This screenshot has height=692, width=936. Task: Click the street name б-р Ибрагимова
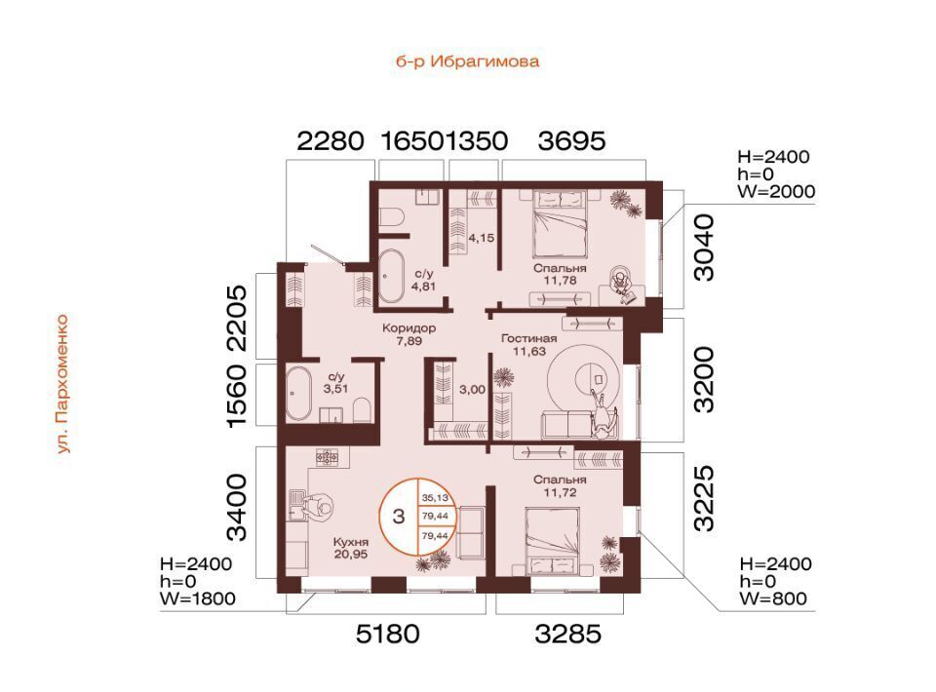pyautogui.click(x=467, y=61)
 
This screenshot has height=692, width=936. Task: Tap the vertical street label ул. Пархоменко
pyautogui.click(x=63, y=384)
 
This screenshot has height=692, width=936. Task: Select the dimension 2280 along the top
pyautogui.click(x=331, y=141)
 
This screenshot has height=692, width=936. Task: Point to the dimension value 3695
pyautogui.click(x=572, y=141)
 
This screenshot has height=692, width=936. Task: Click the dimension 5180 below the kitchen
pyautogui.click(x=388, y=634)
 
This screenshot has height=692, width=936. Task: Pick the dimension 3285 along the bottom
pyautogui.click(x=567, y=634)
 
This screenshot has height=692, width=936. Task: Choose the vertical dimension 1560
pyautogui.click(x=236, y=396)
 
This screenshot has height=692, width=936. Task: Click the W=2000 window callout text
pyautogui.click(x=777, y=191)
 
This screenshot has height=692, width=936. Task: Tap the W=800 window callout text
pyautogui.click(x=773, y=598)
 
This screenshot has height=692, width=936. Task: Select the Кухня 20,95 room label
pyautogui.click(x=351, y=548)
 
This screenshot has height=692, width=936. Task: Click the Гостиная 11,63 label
pyautogui.click(x=528, y=345)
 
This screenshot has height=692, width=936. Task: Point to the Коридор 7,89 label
pyautogui.click(x=409, y=334)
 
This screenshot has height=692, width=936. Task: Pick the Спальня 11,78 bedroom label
pyautogui.click(x=560, y=275)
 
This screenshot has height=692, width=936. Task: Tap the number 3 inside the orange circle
pyautogui.click(x=399, y=516)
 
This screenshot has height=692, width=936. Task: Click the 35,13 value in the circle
pyautogui.click(x=435, y=497)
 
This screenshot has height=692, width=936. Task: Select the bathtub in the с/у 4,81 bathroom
pyautogui.click(x=391, y=276)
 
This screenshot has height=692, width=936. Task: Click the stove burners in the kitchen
pyautogui.click(x=328, y=458)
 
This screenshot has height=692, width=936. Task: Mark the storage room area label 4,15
pyautogui.click(x=481, y=238)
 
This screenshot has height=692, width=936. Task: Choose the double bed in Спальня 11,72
pyautogui.click(x=552, y=541)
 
